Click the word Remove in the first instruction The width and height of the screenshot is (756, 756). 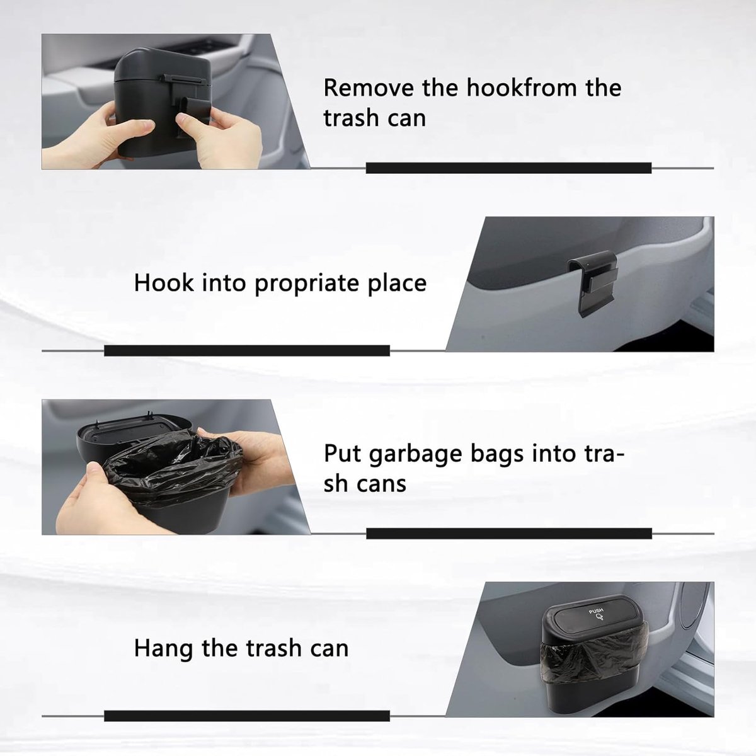369,88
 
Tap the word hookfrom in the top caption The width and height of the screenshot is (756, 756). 522,87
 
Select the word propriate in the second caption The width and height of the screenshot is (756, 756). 307,284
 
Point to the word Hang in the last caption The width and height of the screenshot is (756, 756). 163,648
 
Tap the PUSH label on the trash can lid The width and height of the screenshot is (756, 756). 596,611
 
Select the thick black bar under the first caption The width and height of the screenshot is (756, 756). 508,168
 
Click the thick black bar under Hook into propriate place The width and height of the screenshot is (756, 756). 247,350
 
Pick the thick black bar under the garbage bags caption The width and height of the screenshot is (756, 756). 509,534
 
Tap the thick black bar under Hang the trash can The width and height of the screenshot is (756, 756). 247,716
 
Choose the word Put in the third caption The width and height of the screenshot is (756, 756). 341,454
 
